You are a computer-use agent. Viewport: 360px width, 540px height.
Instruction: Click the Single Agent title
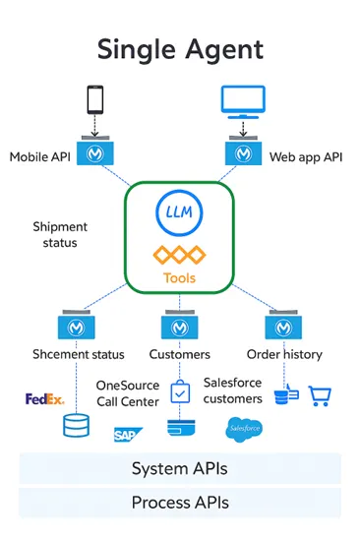click(x=180, y=48)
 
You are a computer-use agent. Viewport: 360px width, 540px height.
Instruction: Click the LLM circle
click(x=179, y=212)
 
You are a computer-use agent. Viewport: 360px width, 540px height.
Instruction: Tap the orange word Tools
click(x=179, y=278)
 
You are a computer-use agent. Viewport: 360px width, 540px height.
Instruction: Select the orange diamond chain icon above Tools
click(x=179, y=255)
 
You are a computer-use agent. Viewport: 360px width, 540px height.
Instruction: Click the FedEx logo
click(x=44, y=399)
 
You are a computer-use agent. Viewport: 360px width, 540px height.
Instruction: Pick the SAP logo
click(x=126, y=433)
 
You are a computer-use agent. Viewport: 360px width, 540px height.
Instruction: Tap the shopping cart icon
click(x=320, y=395)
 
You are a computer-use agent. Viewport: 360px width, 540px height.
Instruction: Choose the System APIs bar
click(x=180, y=468)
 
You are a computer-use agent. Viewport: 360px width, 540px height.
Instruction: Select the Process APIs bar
click(x=180, y=503)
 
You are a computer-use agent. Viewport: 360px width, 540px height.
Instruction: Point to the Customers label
click(x=179, y=354)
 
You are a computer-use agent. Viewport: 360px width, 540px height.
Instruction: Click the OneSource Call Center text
click(x=127, y=393)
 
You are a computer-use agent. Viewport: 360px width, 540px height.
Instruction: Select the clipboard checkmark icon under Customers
click(x=179, y=393)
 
